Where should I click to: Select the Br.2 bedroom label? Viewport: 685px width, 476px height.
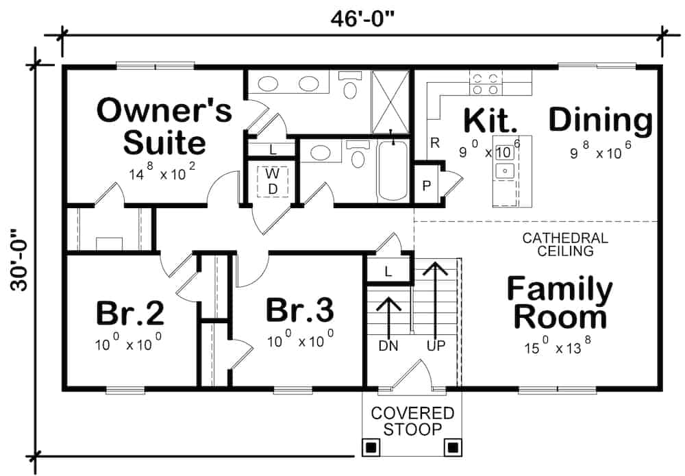point(129,312)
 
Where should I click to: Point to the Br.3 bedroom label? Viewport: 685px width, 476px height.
point(300,310)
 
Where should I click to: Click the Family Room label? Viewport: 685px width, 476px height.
point(560,303)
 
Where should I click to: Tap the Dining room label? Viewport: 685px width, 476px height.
point(600,121)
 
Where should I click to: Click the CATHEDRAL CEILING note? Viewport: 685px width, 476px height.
point(565,245)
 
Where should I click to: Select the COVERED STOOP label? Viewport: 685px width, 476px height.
point(412,421)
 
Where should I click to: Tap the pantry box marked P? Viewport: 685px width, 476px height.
point(425,186)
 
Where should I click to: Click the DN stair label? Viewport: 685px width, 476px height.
point(388,347)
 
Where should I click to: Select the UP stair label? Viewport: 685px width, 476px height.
point(435,347)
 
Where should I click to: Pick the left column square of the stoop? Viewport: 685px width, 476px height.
point(371,448)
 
